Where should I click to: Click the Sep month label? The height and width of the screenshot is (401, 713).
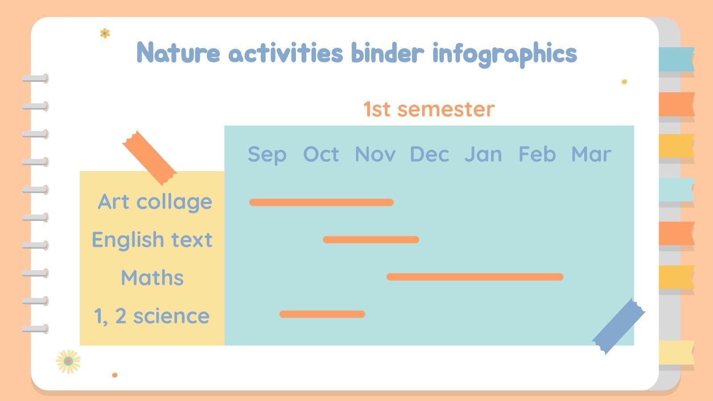(267, 155)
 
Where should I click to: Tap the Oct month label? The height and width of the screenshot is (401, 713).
(321, 155)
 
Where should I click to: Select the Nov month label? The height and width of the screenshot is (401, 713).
(375, 155)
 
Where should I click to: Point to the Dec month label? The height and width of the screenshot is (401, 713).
(429, 155)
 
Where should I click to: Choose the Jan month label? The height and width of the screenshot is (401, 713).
(483, 155)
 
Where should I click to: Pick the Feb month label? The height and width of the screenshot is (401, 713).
(537, 155)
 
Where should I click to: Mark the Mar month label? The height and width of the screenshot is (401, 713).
(591, 155)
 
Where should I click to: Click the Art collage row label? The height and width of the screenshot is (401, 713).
(155, 202)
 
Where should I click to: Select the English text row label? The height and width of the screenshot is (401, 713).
(152, 240)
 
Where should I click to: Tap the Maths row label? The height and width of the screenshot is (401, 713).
(152, 278)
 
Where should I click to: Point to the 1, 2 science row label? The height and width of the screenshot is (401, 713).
(152, 316)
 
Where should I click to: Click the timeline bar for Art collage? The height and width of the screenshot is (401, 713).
(321, 202)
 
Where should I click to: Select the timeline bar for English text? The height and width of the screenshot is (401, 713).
(371, 240)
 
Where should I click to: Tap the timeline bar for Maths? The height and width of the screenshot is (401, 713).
(475, 277)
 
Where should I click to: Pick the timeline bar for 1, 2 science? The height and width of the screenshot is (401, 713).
(322, 314)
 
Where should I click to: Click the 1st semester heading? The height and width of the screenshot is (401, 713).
(429, 109)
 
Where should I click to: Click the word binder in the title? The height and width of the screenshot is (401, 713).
(387, 53)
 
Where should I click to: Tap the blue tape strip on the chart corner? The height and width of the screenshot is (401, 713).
(618, 326)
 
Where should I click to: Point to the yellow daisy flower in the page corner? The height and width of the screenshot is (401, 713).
(68, 361)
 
